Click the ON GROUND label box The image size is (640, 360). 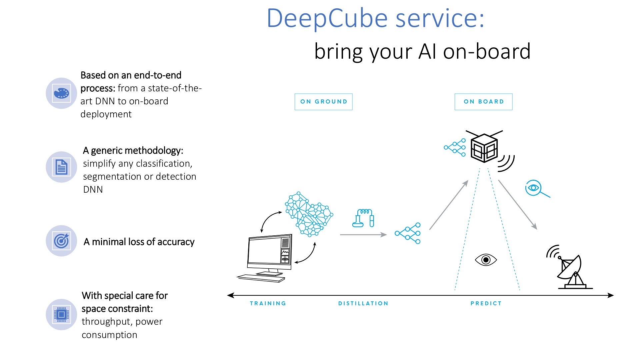[323, 102]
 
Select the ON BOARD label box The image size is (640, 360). [483, 102]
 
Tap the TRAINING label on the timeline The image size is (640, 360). [268, 303]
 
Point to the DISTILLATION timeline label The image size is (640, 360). [363, 303]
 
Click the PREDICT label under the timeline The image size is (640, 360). [486, 303]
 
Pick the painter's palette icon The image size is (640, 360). [61, 93]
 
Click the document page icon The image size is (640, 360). [61, 167]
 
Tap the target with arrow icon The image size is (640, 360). [61, 241]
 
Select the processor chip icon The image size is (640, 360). [61, 314]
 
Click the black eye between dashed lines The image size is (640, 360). [486, 260]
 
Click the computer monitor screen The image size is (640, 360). [264, 251]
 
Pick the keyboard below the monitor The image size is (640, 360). [261, 278]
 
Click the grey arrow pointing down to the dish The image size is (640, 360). [518, 205]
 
